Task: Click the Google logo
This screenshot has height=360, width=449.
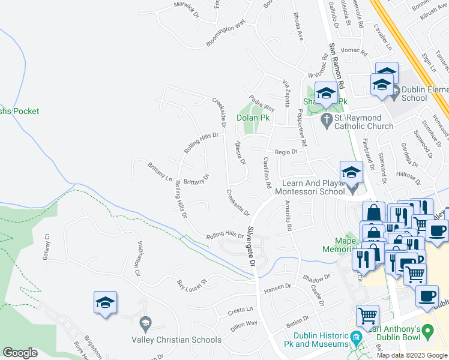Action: (20, 353)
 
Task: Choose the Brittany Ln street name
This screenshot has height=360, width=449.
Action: (160, 171)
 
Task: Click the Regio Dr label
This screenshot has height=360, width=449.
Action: (286, 152)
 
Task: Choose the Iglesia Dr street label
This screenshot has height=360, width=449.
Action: (240, 153)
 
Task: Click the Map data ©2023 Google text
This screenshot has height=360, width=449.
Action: (411, 355)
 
